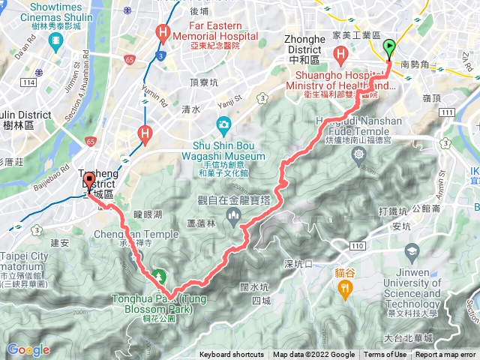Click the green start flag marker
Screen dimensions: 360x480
389,48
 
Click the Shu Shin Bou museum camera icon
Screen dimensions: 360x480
223,124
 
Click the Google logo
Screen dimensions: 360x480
28,349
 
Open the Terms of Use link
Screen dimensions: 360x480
385,355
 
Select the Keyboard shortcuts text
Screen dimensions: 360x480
232,355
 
